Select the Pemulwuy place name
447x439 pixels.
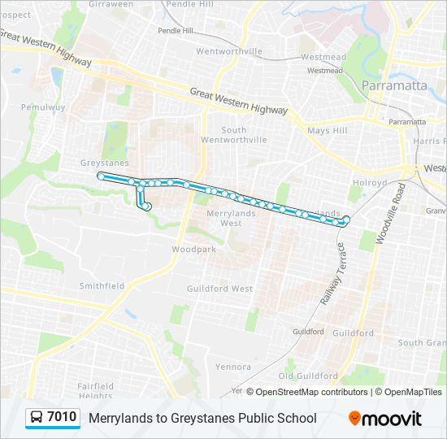(x=37, y=106)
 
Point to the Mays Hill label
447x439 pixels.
(x=327, y=130)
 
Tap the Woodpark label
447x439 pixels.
(x=194, y=250)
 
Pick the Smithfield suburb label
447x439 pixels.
(x=102, y=285)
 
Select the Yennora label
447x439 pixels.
(x=233, y=367)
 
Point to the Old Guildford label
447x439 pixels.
(x=308, y=376)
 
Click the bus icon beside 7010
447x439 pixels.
(x=37, y=418)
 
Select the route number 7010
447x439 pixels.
(x=62, y=418)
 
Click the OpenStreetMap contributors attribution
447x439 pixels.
(x=311, y=392)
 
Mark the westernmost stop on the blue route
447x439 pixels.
(x=101, y=176)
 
